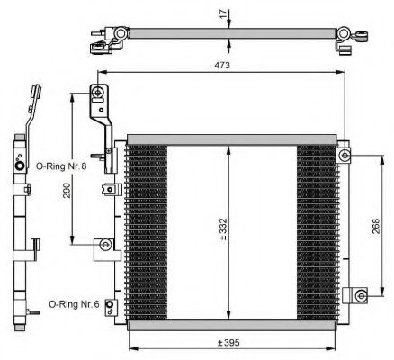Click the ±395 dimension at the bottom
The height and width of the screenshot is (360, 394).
coord(229,342)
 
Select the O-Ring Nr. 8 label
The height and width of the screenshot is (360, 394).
coord(59,166)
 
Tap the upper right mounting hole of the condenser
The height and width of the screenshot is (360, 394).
coord(345,157)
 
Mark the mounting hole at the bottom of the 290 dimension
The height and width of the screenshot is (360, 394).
coord(106,244)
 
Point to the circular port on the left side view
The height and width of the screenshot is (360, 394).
coord(20,166)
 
